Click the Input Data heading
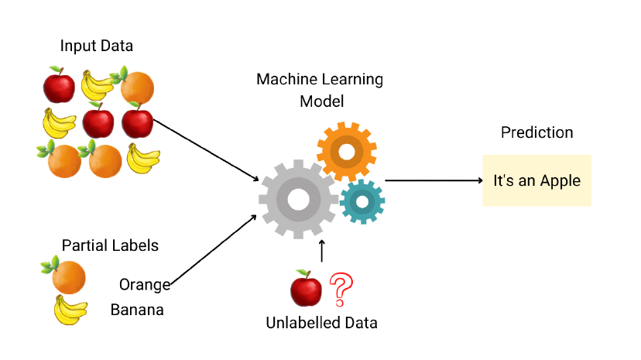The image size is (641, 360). [x=96, y=46]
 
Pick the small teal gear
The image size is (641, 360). [x=362, y=202]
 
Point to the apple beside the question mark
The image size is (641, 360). [x=306, y=290]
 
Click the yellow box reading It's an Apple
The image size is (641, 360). [x=536, y=180]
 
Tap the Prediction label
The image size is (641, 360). [x=536, y=132]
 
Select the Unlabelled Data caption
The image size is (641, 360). [x=321, y=323]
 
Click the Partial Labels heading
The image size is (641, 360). [x=110, y=245]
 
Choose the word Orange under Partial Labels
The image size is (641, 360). [x=145, y=284]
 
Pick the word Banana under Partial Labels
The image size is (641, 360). [x=137, y=310]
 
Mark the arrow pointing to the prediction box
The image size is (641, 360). [x=434, y=180]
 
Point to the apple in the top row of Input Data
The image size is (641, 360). [x=59, y=85]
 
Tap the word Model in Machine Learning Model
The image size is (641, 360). [x=320, y=101]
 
